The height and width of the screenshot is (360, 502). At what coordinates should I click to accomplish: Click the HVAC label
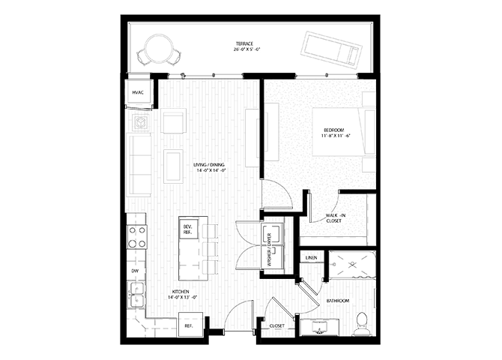click(138, 92)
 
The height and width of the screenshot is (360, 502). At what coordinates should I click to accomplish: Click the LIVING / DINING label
click(209, 169)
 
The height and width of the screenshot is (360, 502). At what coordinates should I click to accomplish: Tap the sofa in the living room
click(139, 164)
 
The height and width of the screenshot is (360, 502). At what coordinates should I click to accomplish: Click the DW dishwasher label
click(136, 270)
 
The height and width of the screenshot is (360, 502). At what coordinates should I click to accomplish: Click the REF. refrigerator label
click(189, 325)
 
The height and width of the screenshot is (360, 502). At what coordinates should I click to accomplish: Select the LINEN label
click(311, 259)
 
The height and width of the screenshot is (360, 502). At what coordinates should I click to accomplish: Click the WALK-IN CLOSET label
click(334, 219)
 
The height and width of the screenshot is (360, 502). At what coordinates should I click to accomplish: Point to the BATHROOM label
click(337, 301)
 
